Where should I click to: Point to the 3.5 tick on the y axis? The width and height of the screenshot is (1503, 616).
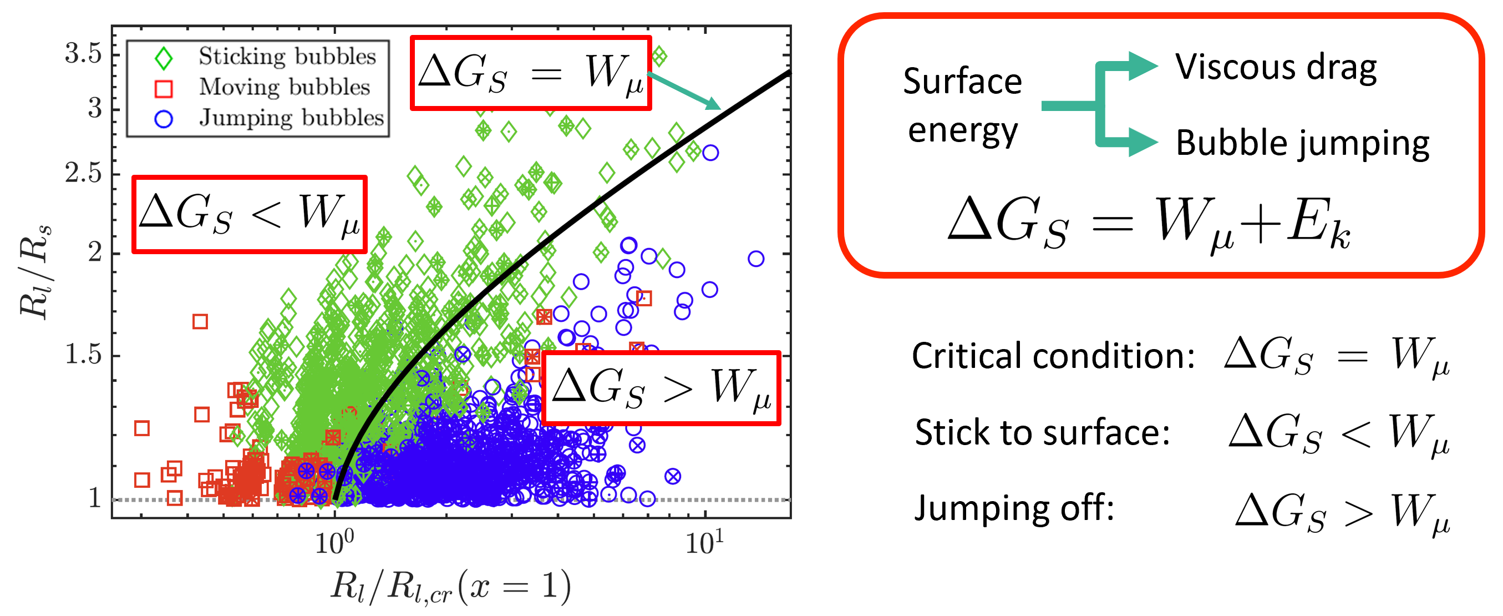(83, 54)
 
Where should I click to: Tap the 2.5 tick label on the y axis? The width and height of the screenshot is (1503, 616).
(83, 173)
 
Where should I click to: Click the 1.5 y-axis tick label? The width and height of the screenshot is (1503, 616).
(83, 355)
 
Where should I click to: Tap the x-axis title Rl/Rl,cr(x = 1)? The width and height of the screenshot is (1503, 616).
(450, 586)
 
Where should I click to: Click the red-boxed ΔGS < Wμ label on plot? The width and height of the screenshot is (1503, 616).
(249, 214)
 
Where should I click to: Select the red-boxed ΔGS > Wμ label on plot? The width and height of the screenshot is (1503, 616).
(661, 388)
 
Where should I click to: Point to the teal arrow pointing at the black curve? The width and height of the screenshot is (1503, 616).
(684, 91)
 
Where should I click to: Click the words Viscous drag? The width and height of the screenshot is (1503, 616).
(1276, 68)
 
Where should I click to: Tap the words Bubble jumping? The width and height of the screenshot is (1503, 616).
(1302, 144)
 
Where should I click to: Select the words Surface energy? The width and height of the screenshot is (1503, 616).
(963, 105)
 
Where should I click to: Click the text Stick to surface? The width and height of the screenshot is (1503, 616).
(1042, 433)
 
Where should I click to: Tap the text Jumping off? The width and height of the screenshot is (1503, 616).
(1014, 508)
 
